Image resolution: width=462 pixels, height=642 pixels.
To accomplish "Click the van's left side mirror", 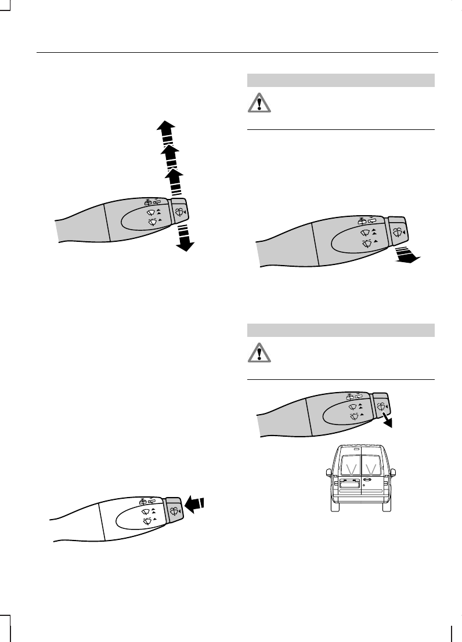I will pos(328,471).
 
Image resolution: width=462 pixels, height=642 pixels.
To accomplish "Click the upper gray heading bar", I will pos(341,80).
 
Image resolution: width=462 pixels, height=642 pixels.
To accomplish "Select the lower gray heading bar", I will pos(341,330).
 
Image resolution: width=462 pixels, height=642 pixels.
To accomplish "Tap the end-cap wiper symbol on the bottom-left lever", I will pos(175,510).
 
